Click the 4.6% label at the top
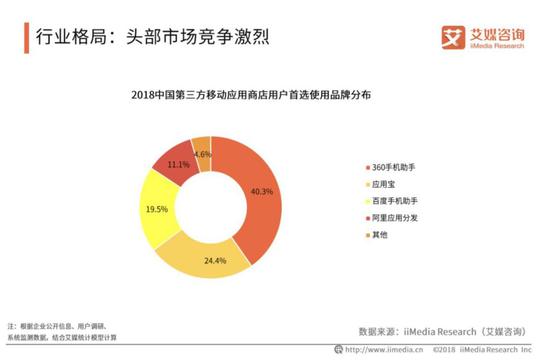[202, 154]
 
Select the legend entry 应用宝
[388, 182]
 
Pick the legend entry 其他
[383, 236]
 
